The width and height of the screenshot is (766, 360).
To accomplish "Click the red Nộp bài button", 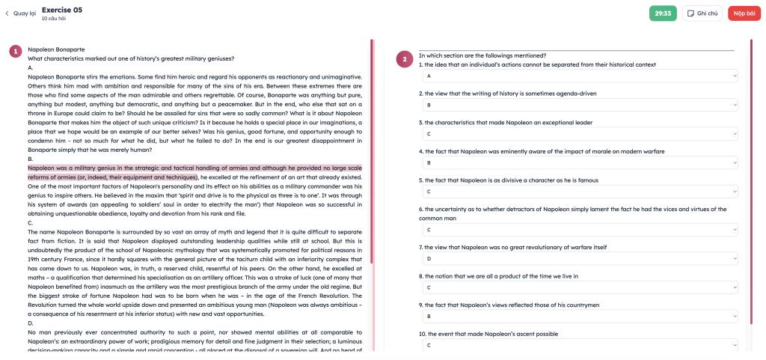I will (744, 13).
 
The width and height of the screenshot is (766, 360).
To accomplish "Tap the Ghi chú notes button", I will (702, 13).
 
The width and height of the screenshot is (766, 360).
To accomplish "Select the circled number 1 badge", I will (15, 52).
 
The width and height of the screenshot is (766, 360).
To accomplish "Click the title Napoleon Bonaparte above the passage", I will (55, 49).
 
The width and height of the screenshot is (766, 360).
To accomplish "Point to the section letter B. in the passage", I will (31, 159).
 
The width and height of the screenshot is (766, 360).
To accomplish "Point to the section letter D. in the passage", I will (31, 321).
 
